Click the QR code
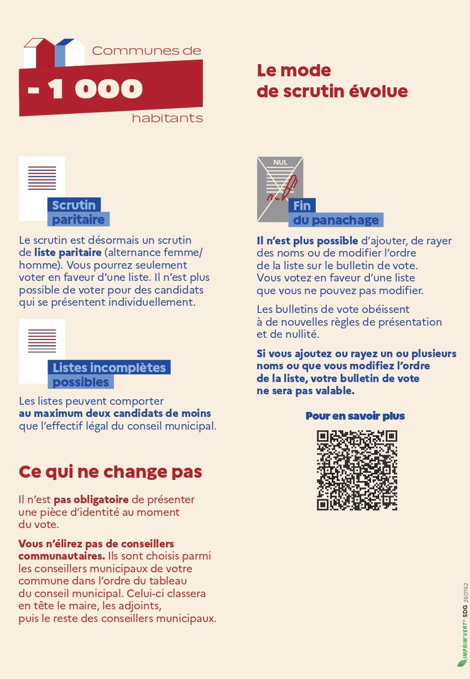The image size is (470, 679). click(x=357, y=470)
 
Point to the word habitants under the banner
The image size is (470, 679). click(x=167, y=118)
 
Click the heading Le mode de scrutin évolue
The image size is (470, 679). click(x=332, y=81)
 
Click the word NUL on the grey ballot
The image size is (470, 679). click(x=280, y=163)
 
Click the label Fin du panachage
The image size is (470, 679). click(x=335, y=213)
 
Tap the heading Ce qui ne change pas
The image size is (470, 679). click(x=110, y=472)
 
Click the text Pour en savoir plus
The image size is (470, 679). click(x=355, y=416)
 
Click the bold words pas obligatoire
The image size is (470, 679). click(x=91, y=499)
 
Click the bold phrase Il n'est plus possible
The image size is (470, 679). click(x=307, y=241)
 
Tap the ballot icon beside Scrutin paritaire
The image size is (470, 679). click(x=42, y=188)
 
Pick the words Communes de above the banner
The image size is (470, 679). click(x=146, y=51)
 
